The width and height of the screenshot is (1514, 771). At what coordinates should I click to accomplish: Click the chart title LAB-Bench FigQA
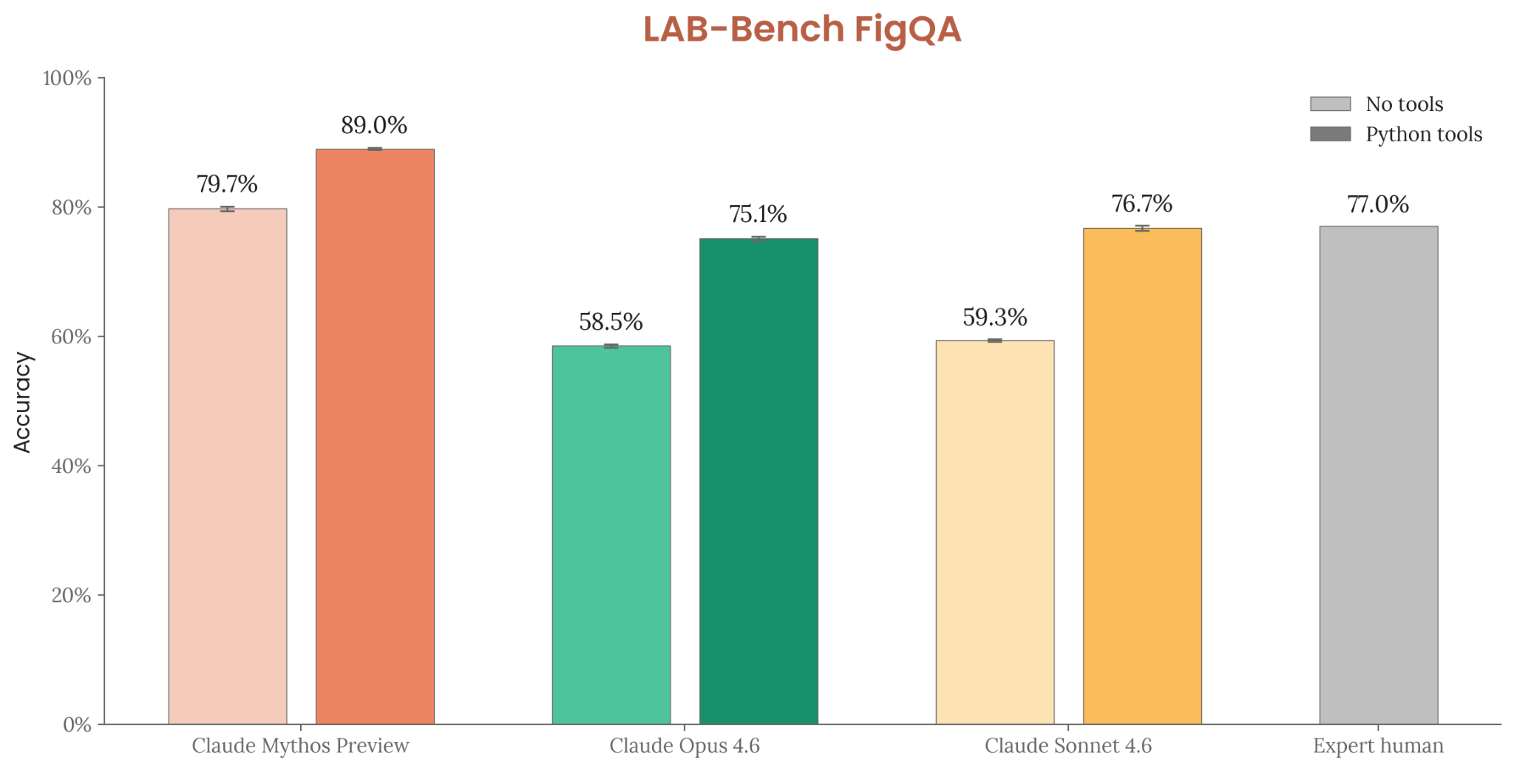(x=801, y=30)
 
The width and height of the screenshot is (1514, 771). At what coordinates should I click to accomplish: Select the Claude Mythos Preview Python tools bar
(x=375, y=437)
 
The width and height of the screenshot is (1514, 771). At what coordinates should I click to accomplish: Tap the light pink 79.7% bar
(x=228, y=466)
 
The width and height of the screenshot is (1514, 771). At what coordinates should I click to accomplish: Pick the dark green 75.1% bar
(x=758, y=481)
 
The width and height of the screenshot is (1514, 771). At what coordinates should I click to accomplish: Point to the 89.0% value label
(x=374, y=125)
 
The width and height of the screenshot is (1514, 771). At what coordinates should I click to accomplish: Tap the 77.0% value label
(x=1378, y=204)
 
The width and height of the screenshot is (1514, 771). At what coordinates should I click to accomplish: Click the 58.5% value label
(x=611, y=322)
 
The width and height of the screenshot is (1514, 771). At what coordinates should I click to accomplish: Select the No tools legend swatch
(x=1330, y=104)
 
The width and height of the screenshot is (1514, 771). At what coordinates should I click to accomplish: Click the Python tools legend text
(x=1423, y=134)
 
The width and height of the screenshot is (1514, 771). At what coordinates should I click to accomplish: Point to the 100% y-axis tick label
(x=67, y=78)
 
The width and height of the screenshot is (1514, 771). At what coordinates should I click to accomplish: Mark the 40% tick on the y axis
(x=101, y=465)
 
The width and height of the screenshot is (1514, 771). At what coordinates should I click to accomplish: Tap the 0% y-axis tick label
(x=77, y=724)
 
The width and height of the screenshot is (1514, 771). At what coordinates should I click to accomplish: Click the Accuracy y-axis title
(x=23, y=402)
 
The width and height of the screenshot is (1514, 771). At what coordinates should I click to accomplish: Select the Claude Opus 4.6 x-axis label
(x=685, y=745)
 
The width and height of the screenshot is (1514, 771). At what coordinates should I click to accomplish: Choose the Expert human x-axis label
(x=1378, y=745)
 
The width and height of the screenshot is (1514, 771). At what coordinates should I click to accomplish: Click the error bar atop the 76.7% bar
(x=1142, y=228)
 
